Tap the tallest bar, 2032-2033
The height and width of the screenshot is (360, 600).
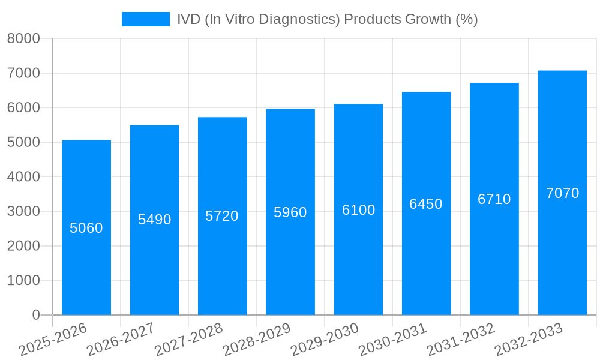pyautogui.click(x=562, y=252)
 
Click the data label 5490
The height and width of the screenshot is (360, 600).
pyautogui.click(x=155, y=220)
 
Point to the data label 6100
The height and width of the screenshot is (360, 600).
pyautogui.click(x=358, y=210)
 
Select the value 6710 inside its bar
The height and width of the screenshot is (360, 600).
pyautogui.click(x=494, y=199)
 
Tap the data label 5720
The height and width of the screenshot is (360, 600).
pyautogui.click(x=222, y=216)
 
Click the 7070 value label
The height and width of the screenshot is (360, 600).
pyautogui.click(x=562, y=193)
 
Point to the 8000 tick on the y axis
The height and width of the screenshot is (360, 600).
pyautogui.click(x=23, y=39)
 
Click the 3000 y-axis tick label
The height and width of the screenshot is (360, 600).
pyautogui.click(x=23, y=211)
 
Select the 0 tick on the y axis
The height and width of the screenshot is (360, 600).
pyautogui.click(x=36, y=315)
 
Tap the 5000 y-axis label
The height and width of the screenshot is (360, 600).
pyautogui.click(x=23, y=142)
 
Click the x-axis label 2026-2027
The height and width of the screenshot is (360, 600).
pyautogui.click(x=121, y=340)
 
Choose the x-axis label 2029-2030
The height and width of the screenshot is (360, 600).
pyautogui.click(x=325, y=340)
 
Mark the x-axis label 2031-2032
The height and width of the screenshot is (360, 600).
pyautogui.click(x=461, y=340)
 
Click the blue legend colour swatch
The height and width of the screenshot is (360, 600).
pyautogui.click(x=146, y=19)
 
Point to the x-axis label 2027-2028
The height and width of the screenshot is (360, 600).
pyautogui.click(x=189, y=340)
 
